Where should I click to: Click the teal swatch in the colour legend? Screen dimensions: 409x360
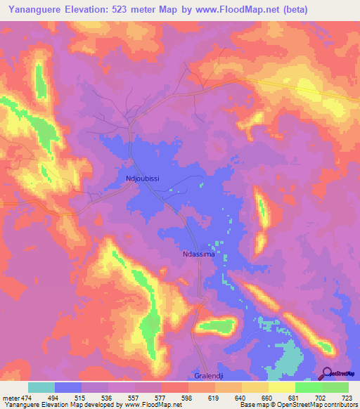(41, 387)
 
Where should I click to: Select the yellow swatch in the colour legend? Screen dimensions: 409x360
(282, 387)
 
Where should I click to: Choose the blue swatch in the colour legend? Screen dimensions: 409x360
(68, 387)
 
